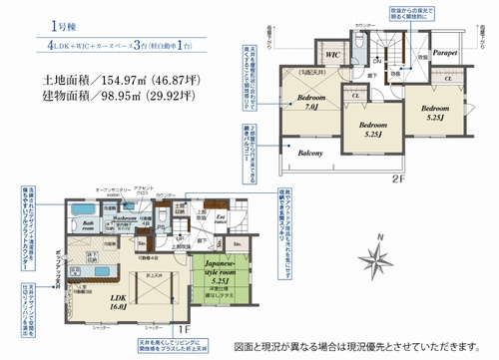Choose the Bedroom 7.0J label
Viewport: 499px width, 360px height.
[304, 101]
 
